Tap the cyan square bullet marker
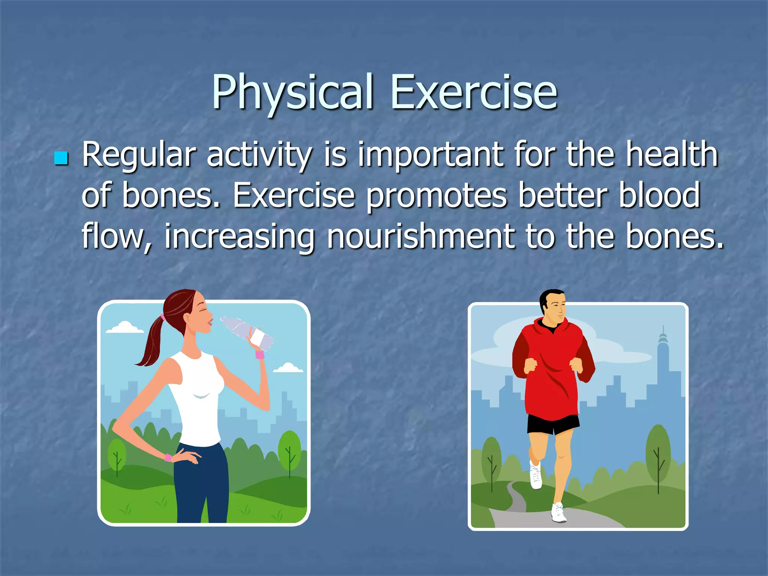60,158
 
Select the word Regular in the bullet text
139,154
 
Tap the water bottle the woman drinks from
247,332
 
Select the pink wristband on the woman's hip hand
168,457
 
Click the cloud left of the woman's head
124,328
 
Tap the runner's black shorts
553,424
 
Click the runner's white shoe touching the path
558,513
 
